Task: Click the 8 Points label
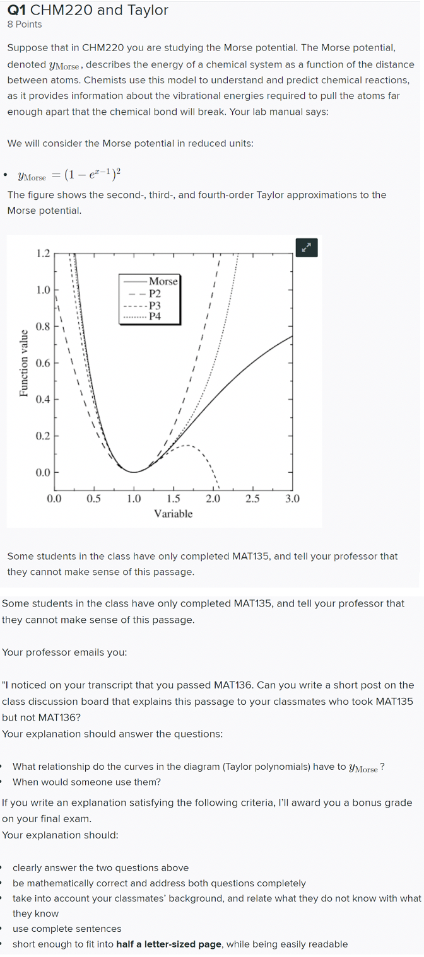pos(25,25)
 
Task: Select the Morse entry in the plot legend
pos(163,281)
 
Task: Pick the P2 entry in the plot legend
pos(155,293)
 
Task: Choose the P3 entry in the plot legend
pos(155,305)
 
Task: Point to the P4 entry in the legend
pos(155,316)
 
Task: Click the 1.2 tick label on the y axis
pos(43,254)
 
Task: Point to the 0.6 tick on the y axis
pos(43,363)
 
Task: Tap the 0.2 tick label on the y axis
pos(43,436)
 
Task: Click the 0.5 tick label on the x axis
pos(94,499)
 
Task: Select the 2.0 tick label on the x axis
pos(213,499)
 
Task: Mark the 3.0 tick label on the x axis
pos(292,499)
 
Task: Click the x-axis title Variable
pos(174,514)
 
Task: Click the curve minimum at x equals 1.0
pos(134,472)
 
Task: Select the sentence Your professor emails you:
pos(65,652)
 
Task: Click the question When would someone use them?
pos(87,782)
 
